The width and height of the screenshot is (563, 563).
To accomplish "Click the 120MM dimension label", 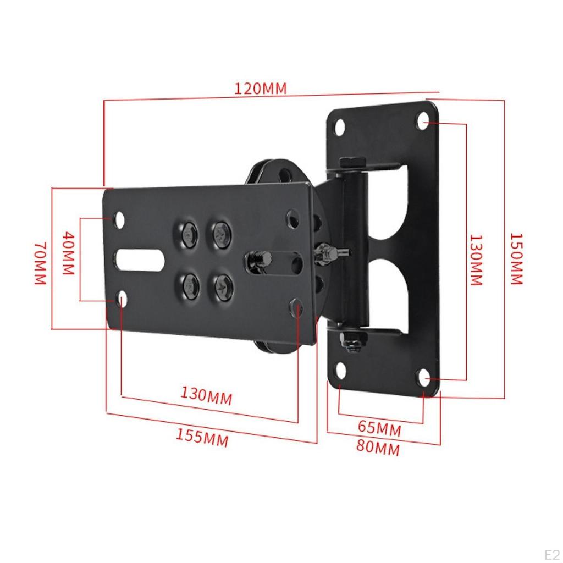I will (x=261, y=88).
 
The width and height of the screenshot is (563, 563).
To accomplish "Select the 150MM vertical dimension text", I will (x=515, y=258).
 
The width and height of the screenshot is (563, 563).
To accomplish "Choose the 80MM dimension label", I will (x=378, y=448).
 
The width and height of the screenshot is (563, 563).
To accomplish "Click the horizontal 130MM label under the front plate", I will (x=206, y=395).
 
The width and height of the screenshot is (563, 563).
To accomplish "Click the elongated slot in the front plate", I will (x=141, y=260).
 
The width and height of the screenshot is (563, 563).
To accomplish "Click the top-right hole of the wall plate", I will (x=423, y=120).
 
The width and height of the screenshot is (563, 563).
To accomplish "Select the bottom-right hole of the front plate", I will (x=297, y=306).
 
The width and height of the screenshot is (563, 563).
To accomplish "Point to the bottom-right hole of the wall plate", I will (x=423, y=378).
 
